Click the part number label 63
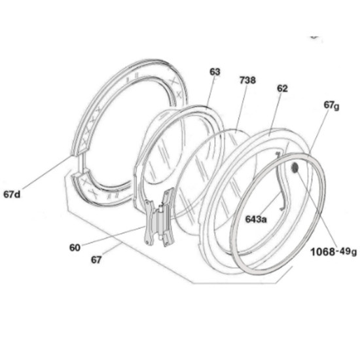pos(215,72)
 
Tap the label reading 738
pos(247,81)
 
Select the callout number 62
pos(282,88)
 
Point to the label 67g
pos(331,105)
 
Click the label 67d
pos(12,194)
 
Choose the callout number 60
pos(75,247)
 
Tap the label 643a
pos(256,219)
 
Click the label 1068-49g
pos(334,252)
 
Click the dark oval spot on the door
pos(295,168)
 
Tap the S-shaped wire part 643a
pos(282,181)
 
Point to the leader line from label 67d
pos(46,173)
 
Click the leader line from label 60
pos(113,236)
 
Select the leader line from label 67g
pos(319,133)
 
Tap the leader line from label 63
pos(211,92)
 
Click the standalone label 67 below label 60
pos(96,260)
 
